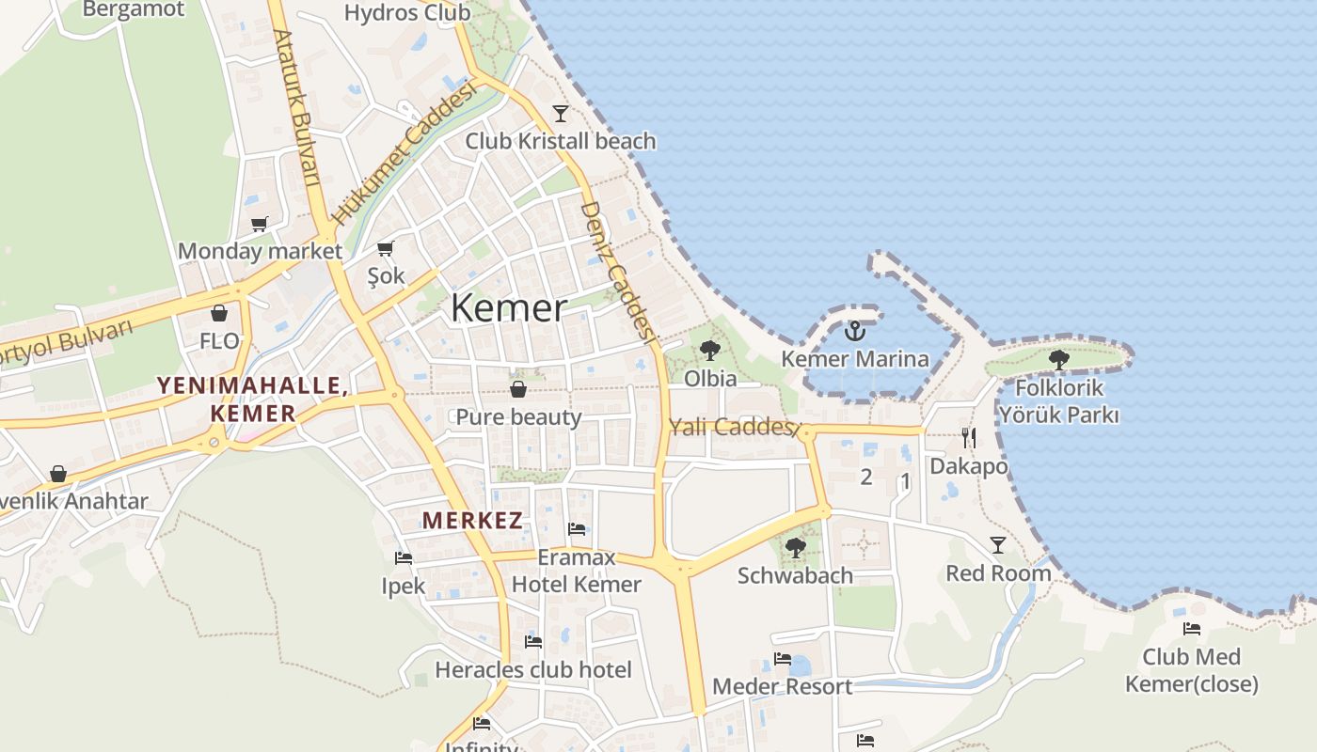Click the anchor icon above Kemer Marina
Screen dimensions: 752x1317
(854, 330)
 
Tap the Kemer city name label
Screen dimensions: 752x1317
(509, 308)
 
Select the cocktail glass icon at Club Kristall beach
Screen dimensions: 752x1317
(561, 113)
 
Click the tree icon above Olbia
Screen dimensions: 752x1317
(710, 351)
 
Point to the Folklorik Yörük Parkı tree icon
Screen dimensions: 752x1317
(1059, 359)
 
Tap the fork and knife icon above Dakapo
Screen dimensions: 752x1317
(969, 437)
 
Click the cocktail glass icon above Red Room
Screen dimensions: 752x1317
(997, 544)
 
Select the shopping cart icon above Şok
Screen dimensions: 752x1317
(385, 248)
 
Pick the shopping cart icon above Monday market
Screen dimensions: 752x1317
(259, 224)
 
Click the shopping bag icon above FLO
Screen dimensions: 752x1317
(219, 313)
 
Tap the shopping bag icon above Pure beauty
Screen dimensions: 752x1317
(517, 389)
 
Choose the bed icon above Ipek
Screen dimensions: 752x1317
(404, 558)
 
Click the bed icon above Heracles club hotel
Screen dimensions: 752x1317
(533, 643)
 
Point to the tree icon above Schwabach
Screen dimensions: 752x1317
(796, 547)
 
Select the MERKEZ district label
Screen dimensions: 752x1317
(472, 520)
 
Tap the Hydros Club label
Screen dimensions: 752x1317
(407, 12)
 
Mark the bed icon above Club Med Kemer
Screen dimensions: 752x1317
(1192, 629)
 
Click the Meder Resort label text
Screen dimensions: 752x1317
(782, 686)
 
